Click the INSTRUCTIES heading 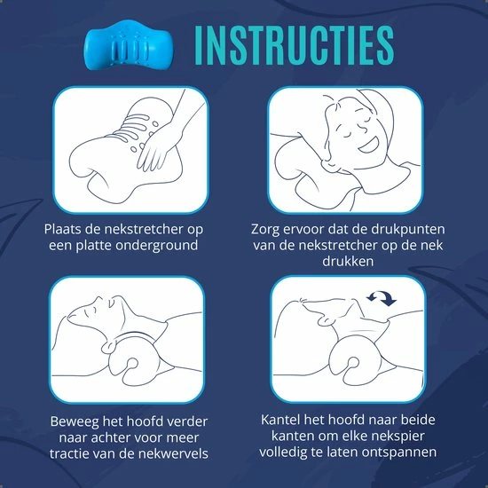[x=292, y=43]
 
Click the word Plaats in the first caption [x=66, y=228]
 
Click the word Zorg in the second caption [x=267, y=228]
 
